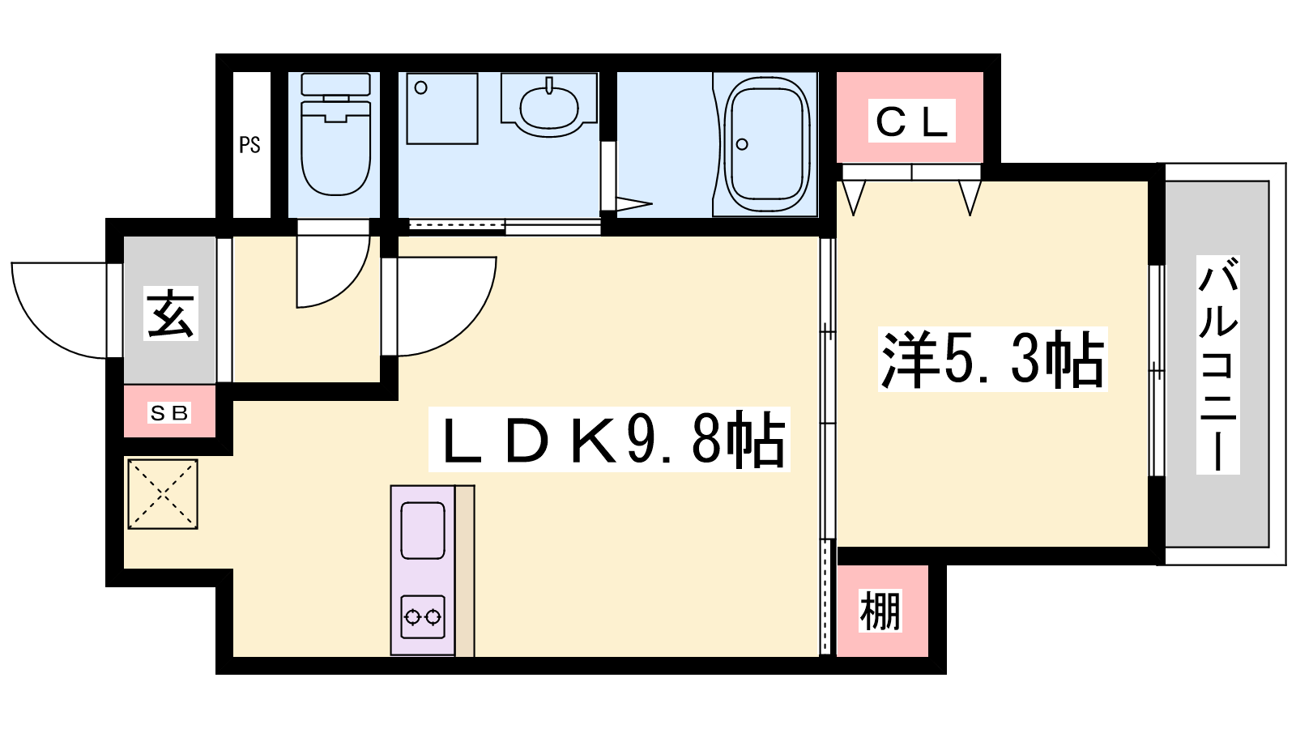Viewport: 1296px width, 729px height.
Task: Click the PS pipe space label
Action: [250, 145]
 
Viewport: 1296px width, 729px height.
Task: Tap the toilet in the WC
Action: [335, 134]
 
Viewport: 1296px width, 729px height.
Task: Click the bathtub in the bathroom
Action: [766, 144]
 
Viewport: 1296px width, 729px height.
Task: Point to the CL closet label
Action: [911, 121]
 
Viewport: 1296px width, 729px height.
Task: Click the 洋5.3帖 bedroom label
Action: [992, 360]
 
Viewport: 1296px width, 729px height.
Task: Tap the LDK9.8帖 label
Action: [609, 439]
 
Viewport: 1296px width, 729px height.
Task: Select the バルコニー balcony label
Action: [1217, 365]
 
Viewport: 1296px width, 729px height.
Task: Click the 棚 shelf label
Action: [880, 611]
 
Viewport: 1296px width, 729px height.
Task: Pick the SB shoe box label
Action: [168, 412]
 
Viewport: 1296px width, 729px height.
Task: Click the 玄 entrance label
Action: [170, 313]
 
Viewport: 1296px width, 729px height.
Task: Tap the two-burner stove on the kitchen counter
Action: [422, 616]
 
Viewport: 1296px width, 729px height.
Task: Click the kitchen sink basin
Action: [422, 531]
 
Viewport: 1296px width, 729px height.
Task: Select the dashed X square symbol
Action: [163, 494]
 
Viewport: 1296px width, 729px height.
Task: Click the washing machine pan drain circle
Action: [420, 88]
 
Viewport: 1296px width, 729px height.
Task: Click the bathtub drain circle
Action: [742, 144]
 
